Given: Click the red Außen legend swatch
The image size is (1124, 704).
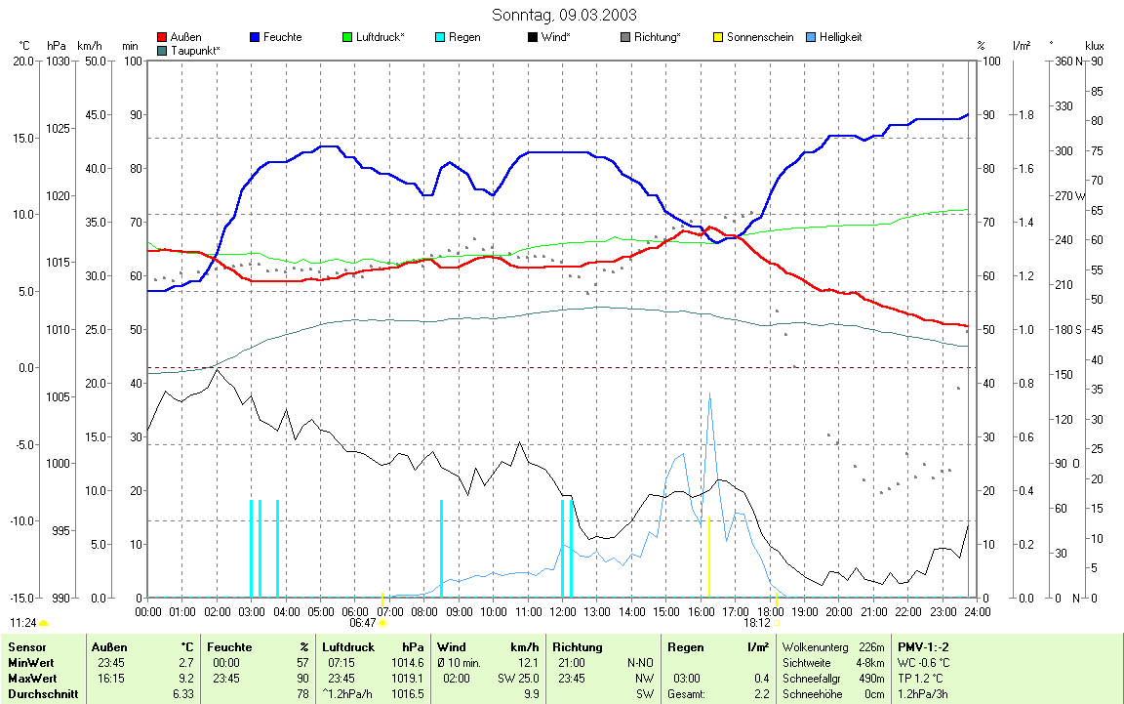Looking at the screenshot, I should point(162,37).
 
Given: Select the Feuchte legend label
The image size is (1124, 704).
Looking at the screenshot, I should point(283,37).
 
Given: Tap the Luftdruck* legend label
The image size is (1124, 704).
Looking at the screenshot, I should point(381,37).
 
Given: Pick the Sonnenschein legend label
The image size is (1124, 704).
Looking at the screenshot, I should point(760,37).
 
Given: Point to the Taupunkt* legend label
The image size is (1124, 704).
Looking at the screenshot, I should point(195,50).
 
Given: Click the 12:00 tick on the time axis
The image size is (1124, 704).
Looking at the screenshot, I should point(562,611).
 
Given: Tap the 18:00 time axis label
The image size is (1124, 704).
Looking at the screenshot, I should point(770,611).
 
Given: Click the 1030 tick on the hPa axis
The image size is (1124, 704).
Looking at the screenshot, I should point(58,62).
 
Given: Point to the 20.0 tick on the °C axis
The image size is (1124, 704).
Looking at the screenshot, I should point(22,62).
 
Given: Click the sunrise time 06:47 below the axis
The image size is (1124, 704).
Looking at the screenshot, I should point(362,622).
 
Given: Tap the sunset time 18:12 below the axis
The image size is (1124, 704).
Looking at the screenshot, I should point(756,622).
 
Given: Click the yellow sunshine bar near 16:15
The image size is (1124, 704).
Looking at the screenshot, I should point(708,557).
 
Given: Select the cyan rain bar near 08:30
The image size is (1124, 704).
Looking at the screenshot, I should point(441,547).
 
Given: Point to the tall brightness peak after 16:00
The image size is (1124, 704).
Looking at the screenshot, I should point(709,395).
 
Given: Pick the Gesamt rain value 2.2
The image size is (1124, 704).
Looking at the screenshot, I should point(758,694).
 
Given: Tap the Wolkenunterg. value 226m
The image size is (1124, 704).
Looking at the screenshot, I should point(872,646).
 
